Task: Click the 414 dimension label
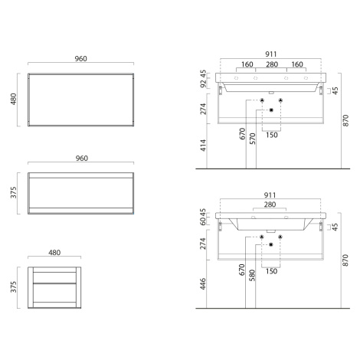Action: coord(203,146)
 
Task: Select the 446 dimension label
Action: coord(203,284)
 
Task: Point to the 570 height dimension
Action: coord(253,139)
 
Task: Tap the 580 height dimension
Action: coord(252,276)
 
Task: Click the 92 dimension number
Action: coord(203,83)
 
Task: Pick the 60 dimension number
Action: coord(203,221)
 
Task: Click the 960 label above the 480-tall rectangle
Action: coord(81,59)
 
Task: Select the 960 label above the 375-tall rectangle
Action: coord(82,159)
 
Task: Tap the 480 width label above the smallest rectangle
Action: coord(54,253)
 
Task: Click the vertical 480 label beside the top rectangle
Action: coord(14,99)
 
